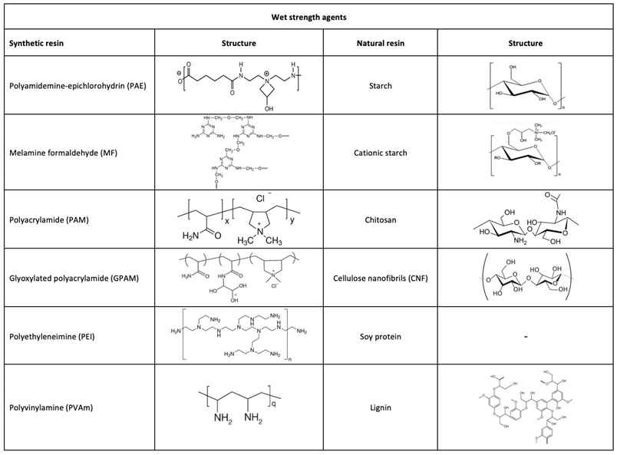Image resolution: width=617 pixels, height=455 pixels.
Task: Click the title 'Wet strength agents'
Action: tap(309, 15)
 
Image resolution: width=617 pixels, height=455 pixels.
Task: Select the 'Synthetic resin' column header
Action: tap(37, 43)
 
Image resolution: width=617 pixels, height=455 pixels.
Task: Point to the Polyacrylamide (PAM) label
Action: tap(48, 218)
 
